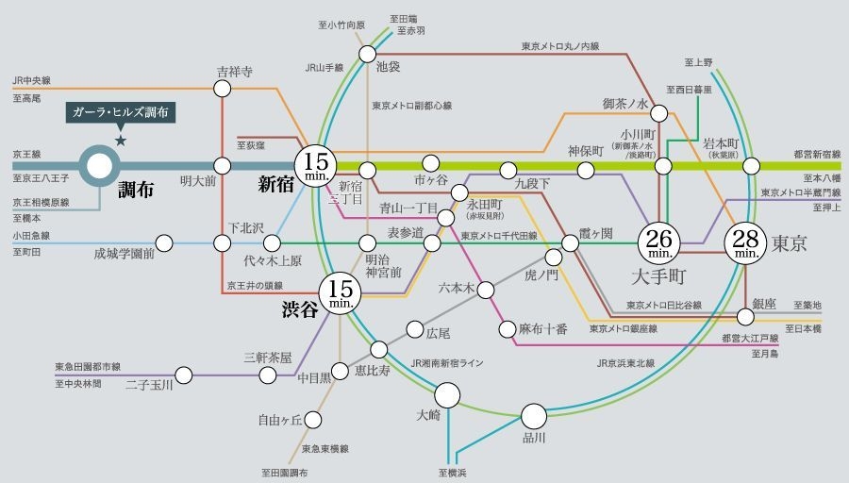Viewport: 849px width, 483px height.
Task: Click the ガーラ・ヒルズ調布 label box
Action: [121, 112]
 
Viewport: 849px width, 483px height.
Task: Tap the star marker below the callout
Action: [121, 141]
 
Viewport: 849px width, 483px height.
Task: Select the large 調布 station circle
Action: [99, 167]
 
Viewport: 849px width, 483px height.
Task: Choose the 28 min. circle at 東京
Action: [745, 243]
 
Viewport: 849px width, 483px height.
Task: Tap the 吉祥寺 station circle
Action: [223, 90]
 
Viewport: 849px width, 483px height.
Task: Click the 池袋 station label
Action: [388, 68]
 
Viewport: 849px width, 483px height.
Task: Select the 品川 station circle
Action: [534, 415]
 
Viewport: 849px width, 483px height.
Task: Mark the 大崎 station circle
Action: [446, 393]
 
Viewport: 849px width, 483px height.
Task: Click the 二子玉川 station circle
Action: [184, 375]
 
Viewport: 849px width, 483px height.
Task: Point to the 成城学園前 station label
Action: [124, 253]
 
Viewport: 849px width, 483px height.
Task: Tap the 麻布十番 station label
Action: [543, 329]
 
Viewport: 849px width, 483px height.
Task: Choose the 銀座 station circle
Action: [745, 303]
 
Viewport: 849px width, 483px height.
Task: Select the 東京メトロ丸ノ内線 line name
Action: [560, 45]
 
